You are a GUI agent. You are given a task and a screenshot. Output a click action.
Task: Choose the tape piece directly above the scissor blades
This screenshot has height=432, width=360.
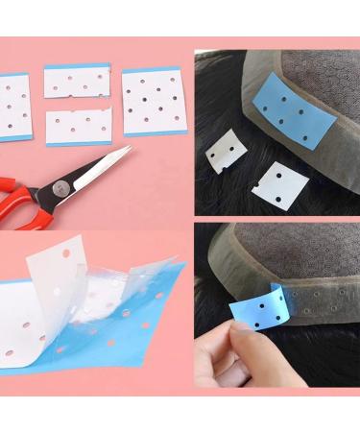tap(78, 126)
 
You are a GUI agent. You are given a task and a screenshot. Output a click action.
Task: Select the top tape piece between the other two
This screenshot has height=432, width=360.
tap(77, 81)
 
